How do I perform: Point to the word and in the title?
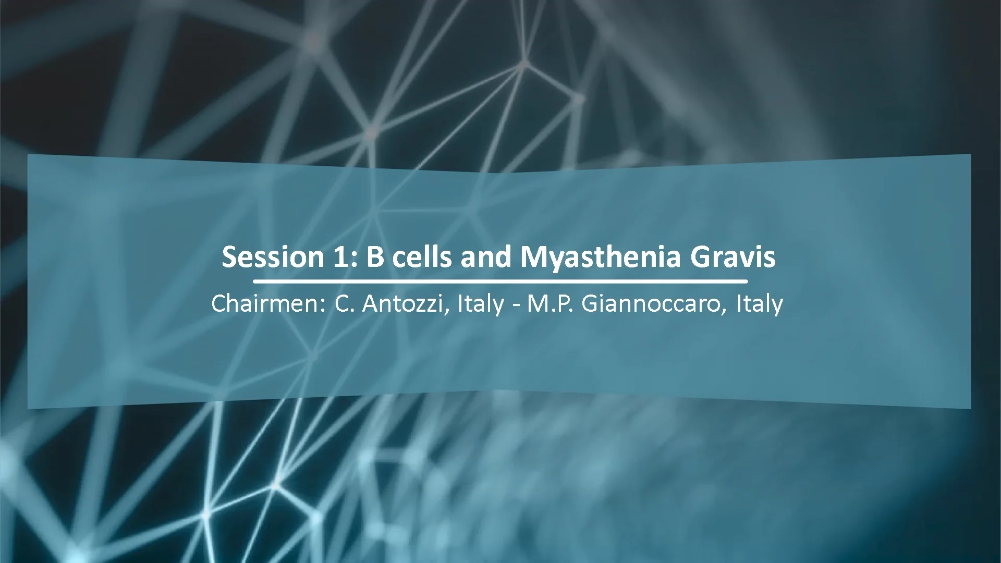click(486, 258)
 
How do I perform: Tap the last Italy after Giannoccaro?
click(759, 304)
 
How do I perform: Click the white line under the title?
click(499, 281)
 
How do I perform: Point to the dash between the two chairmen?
click(515, 305)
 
